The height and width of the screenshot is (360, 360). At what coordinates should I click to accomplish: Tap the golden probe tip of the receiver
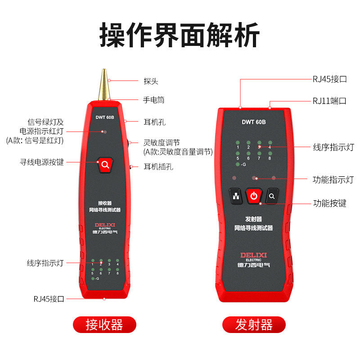[104, 85]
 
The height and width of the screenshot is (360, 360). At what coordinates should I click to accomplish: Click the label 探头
[151, 81]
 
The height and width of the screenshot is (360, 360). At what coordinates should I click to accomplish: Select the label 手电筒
[153, 100]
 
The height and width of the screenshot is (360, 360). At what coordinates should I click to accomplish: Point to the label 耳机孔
[153, 121]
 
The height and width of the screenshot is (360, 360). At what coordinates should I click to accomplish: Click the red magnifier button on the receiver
[105, 165]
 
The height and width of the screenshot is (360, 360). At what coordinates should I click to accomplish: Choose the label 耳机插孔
[158, 166]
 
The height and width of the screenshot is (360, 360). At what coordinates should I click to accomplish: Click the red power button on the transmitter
[254, 196]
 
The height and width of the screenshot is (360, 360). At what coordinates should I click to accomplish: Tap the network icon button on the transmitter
[236, 196]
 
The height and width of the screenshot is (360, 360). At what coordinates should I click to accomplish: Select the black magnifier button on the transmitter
[272, 196]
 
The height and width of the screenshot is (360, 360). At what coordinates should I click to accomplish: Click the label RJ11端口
[330, 100]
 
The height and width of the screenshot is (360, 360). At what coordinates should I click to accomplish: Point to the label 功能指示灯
[333, 180]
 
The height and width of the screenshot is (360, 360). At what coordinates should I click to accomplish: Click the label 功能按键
[330, 203]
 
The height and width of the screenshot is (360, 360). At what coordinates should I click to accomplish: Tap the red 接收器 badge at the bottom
[104, 324]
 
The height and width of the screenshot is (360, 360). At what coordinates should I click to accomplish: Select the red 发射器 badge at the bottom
[254, 324]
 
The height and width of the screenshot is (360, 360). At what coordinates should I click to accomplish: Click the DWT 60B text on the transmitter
[254, 121]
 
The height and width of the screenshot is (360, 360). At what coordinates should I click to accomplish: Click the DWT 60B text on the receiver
[105, 117]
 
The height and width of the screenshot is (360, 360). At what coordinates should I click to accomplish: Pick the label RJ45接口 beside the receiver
[49, 298]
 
